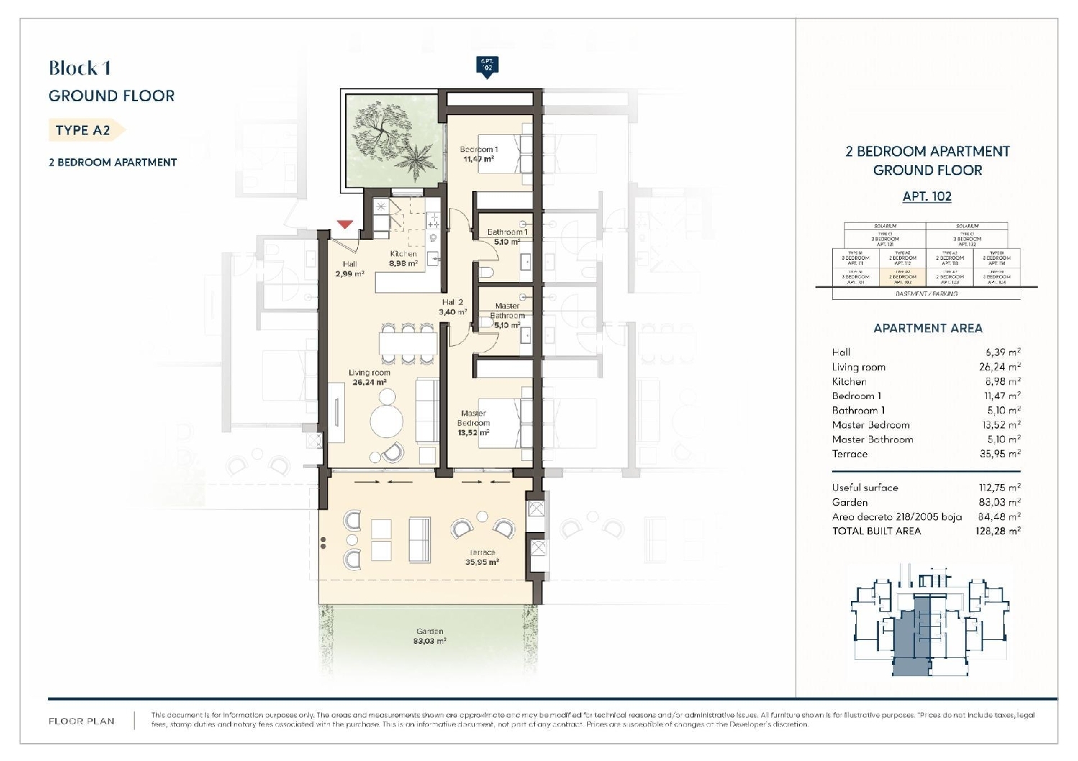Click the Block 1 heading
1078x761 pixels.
80,68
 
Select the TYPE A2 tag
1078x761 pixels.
83,130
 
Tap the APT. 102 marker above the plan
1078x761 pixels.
487,65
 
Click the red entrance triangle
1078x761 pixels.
345,224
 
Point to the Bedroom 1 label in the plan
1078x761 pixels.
479,154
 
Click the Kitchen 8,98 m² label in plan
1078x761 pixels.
403,258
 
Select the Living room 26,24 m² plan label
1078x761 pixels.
369,378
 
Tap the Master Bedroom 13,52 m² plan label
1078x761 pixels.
473,423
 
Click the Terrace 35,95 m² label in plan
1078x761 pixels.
482,557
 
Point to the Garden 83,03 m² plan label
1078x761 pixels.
429,636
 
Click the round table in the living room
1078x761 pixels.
386,419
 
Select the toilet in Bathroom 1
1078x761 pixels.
486,272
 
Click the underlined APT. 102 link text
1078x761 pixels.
926,196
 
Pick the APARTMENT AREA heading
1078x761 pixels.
927,328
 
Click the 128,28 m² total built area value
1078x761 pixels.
999,531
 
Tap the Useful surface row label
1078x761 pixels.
865,487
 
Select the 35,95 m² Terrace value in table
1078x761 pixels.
1000,454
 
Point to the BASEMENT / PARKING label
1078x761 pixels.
926,294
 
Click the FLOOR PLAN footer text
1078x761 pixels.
81,721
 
